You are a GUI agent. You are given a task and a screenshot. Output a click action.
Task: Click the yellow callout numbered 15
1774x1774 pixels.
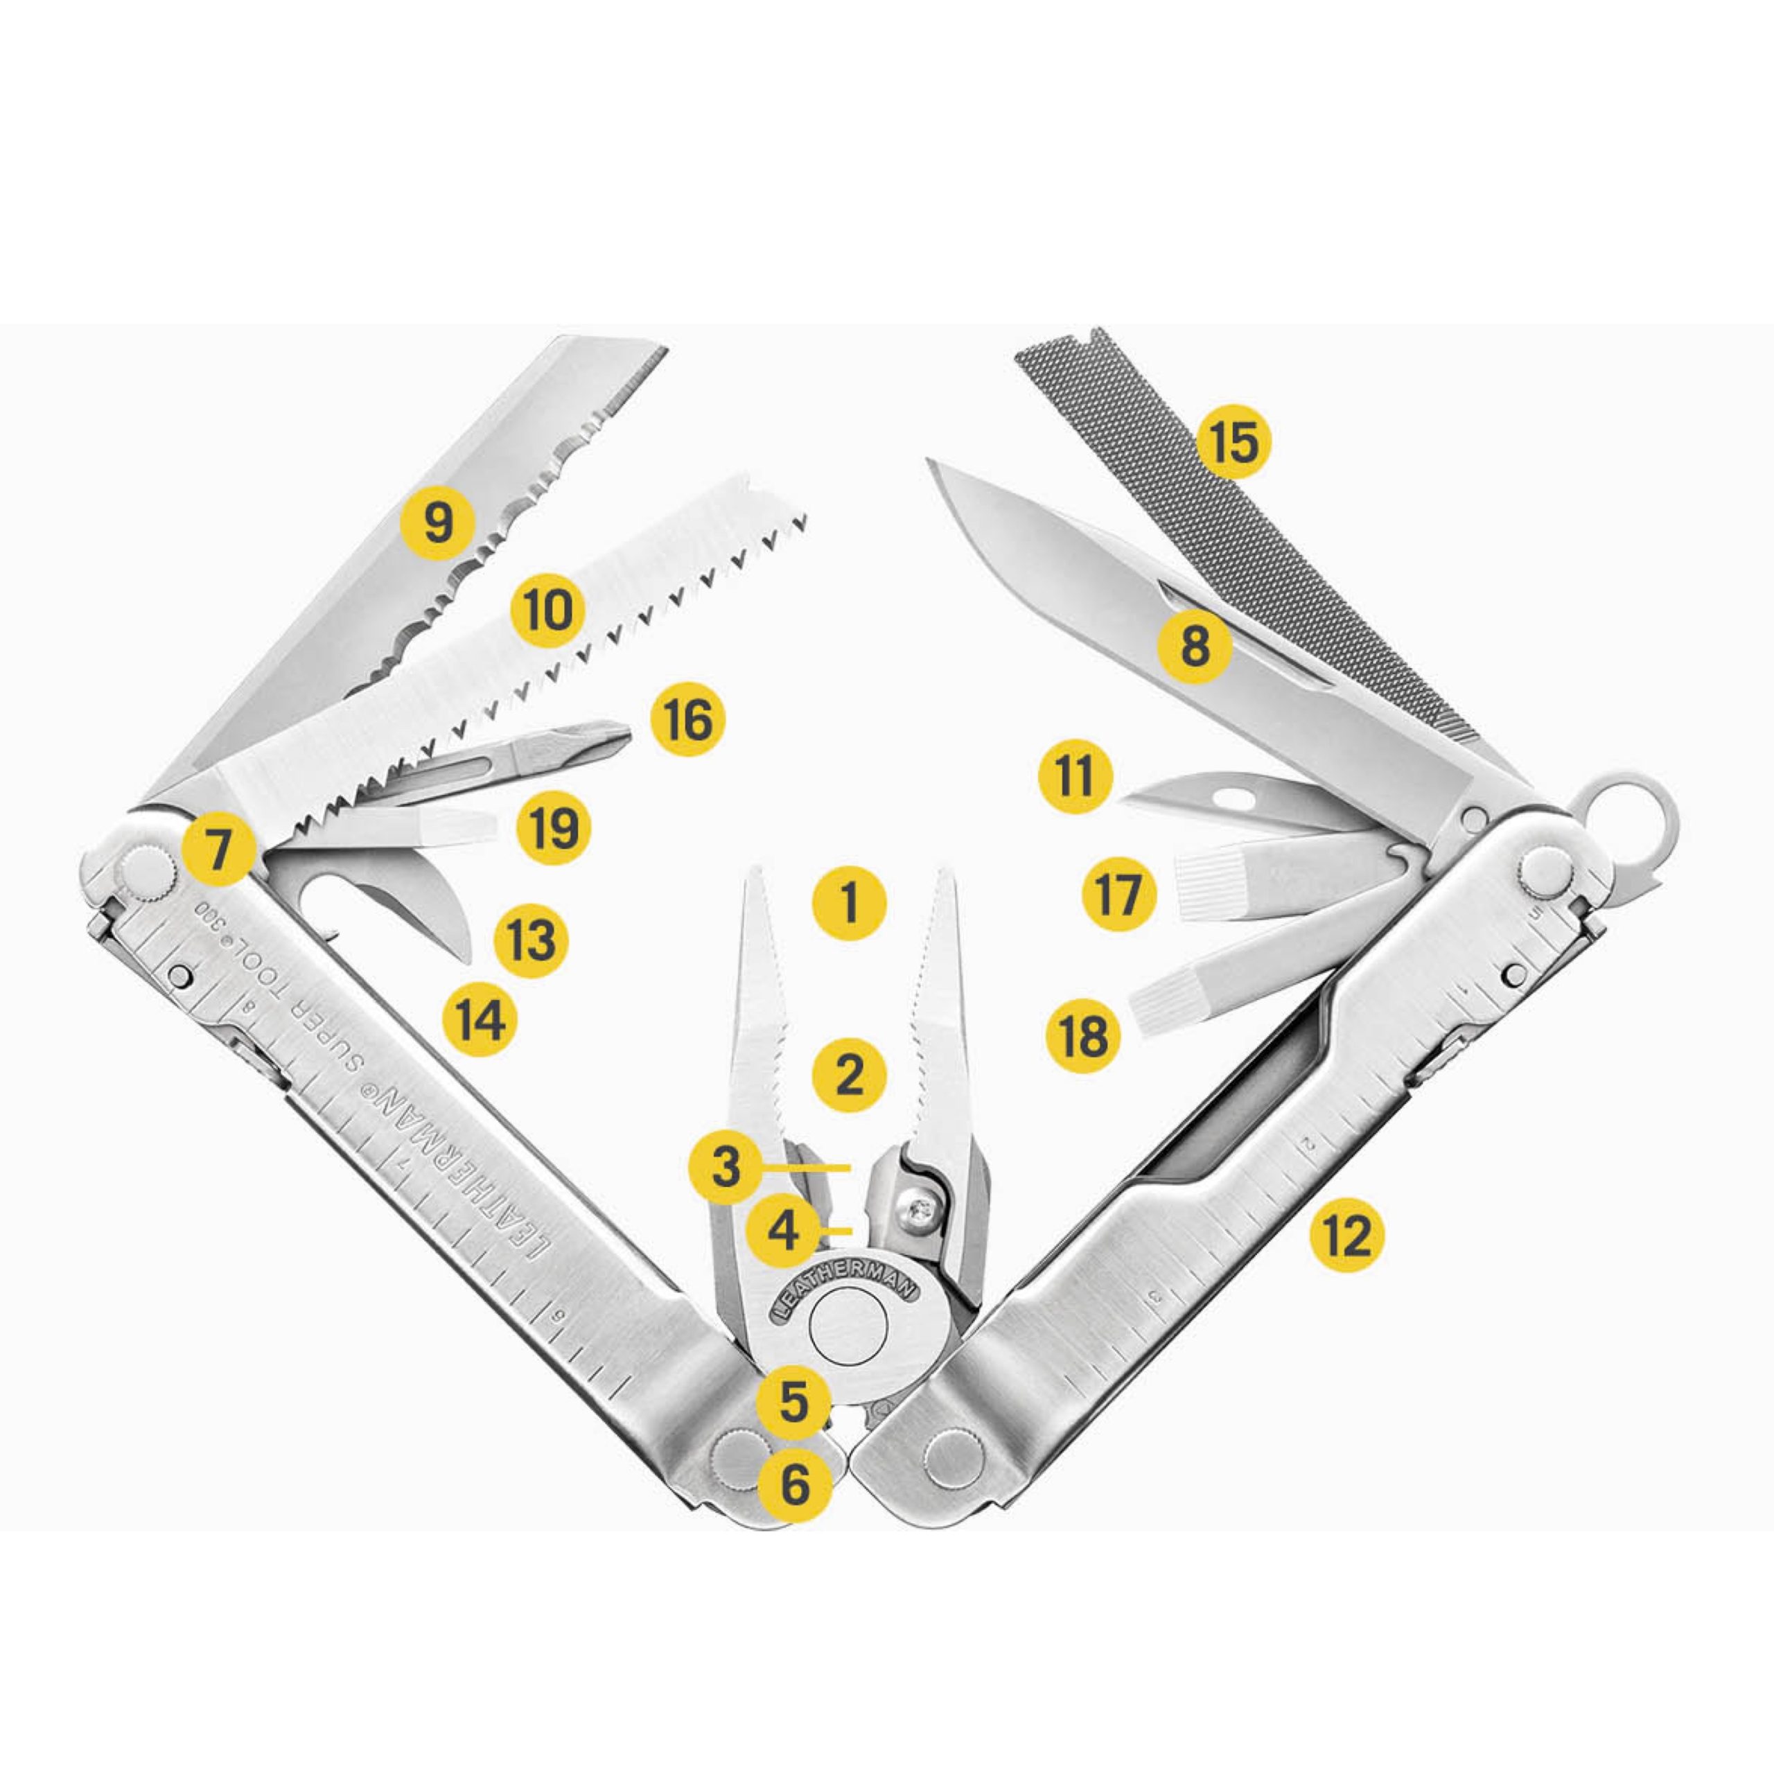tap(1233, 443)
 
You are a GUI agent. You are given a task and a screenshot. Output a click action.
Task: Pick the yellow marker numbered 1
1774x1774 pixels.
tap(850, 903)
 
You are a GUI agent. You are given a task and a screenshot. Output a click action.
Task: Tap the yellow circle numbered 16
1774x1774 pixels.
tap(687, 720)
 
